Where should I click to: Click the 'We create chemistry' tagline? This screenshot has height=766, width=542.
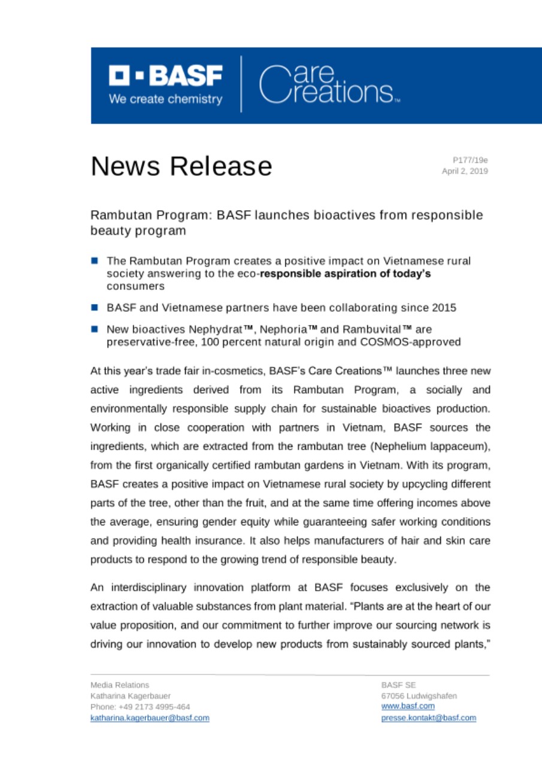(x=165, y=99)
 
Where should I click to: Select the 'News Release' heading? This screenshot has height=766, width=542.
(x=181, y=166)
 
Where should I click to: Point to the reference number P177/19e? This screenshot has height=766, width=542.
(x=470, y=160)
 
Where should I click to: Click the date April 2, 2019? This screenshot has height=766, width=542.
(x=465, y=171)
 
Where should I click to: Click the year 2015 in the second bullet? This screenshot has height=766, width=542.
(x=444, y=308)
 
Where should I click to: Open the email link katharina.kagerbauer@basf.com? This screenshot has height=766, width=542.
(x=150, y=718)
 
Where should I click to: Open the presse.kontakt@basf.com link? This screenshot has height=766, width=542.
(x=428, y=718)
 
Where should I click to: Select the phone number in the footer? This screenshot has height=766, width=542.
(x=140, y=707)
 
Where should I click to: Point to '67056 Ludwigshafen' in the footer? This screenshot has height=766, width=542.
(x=419, y=696)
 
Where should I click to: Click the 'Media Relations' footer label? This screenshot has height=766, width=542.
(x=120, y=685)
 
